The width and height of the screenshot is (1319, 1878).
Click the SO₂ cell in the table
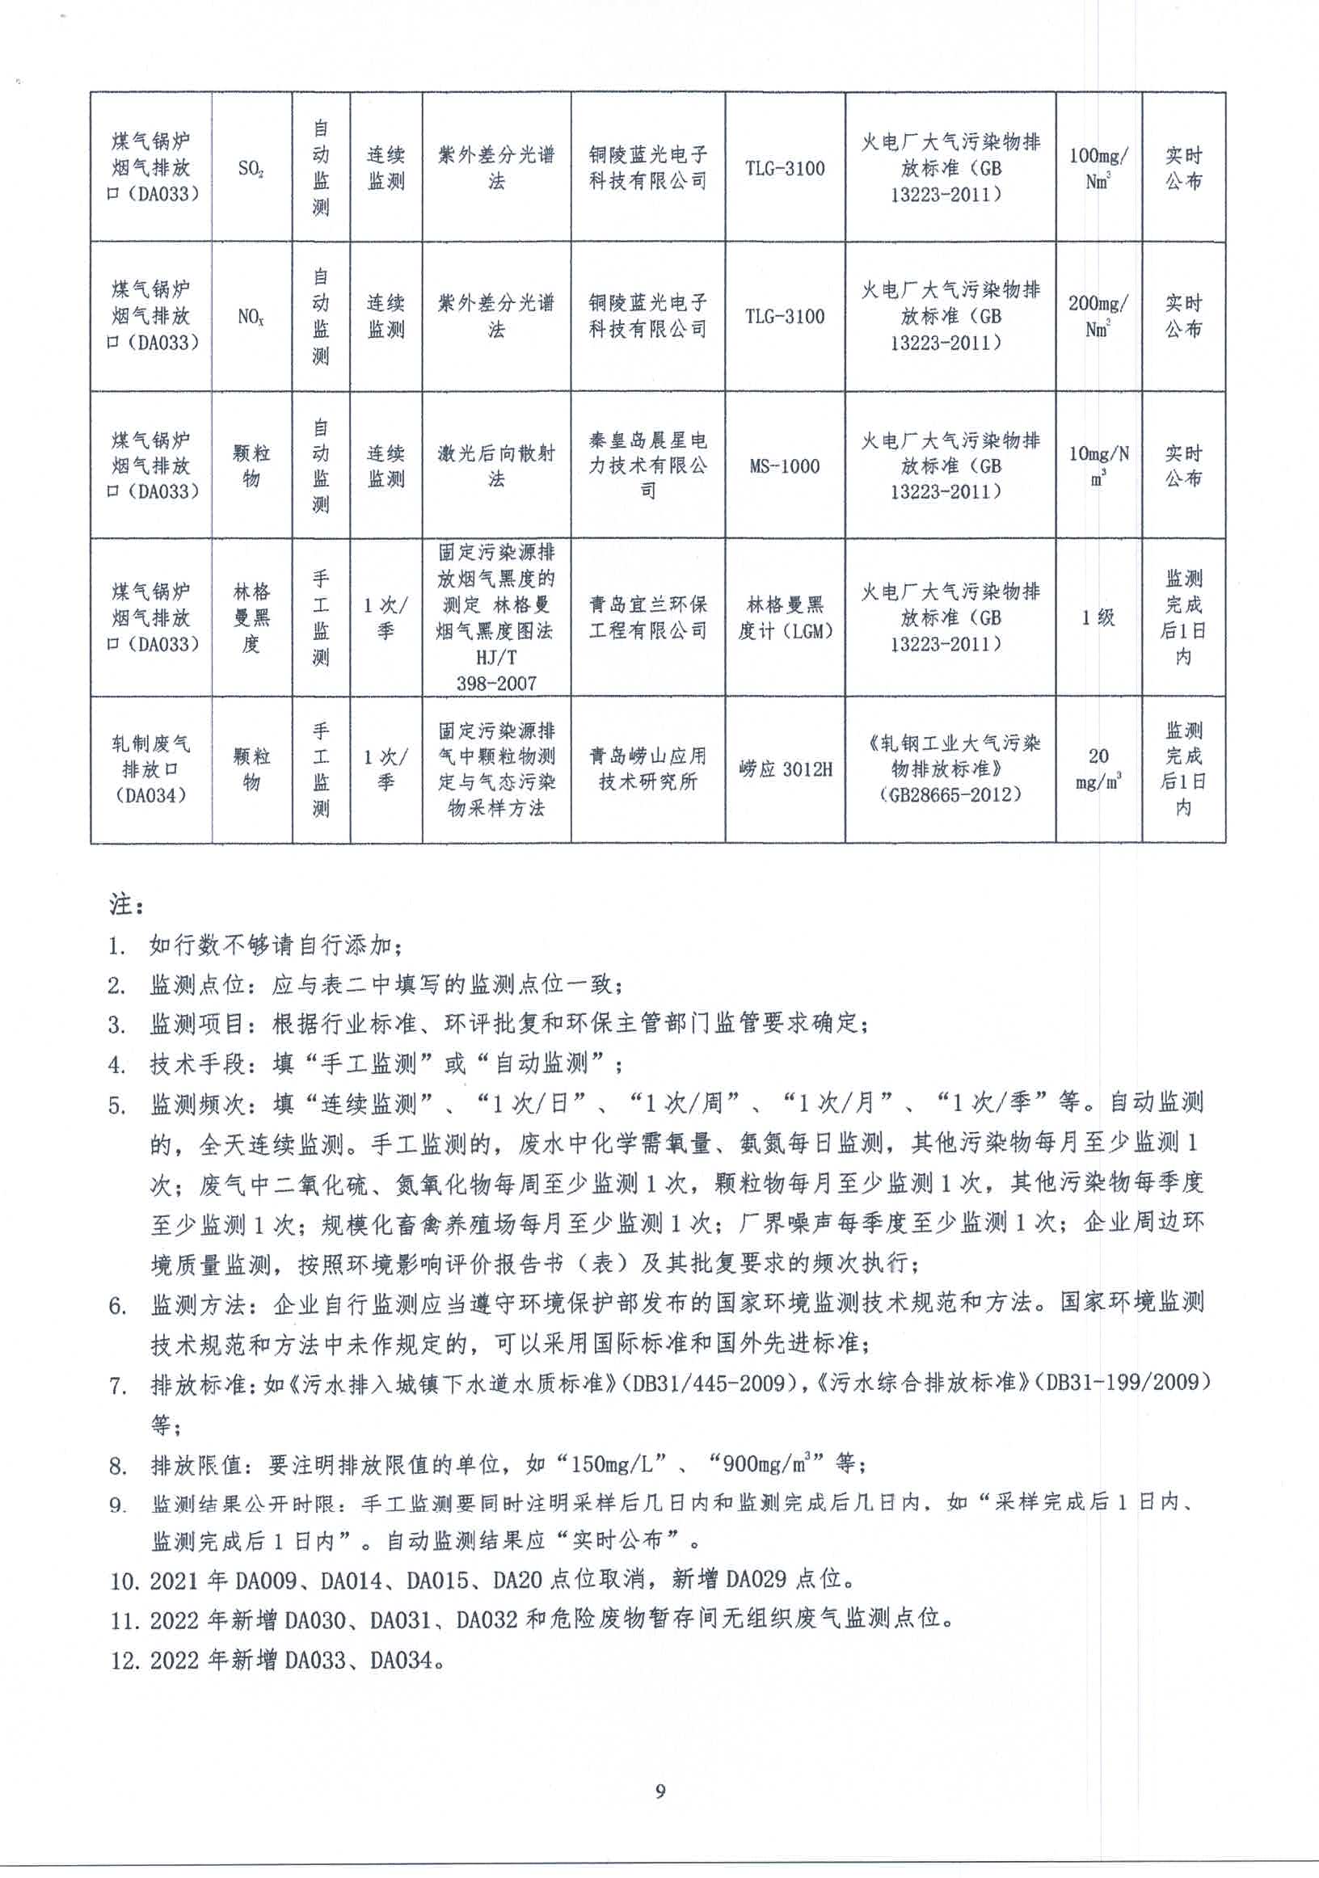[251, 169]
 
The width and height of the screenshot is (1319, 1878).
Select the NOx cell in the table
[251, 317]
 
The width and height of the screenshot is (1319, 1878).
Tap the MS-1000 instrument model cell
[784, 466]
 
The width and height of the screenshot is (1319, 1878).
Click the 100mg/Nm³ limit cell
[1098, 168]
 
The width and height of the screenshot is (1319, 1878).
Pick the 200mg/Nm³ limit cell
[1098, 316]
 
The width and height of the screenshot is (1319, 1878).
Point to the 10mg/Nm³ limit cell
[1098, 465]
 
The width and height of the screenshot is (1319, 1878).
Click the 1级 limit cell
[1098, 617]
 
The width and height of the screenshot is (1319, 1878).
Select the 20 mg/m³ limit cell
[1098, 768]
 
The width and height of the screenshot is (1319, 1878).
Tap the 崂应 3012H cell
[784, 768]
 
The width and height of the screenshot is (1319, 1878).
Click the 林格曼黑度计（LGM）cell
[784, 617]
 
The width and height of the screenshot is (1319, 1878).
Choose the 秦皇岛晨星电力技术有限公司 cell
[647, 465]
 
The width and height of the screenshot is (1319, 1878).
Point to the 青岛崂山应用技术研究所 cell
[647, 768]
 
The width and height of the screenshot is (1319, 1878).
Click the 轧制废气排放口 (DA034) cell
[150, 768]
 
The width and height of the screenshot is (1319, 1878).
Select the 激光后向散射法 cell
[496, 465]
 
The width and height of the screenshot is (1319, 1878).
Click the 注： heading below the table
[126, 904]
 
